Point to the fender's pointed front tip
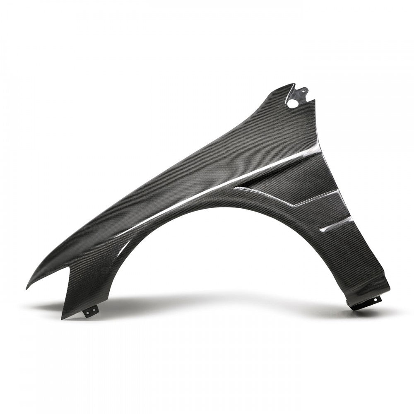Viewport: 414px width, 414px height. (27, 287)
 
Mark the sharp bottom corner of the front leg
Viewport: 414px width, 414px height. (62, 319)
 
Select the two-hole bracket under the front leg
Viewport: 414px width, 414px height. (91, 311)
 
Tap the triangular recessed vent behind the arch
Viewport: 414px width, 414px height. (290, 182)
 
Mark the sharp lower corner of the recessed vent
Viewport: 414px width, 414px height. (295, 205)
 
